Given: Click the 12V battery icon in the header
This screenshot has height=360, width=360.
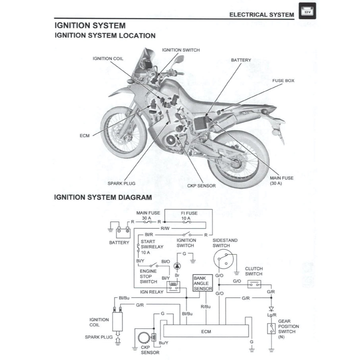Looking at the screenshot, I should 307,11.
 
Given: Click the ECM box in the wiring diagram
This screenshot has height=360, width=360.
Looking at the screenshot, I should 206,331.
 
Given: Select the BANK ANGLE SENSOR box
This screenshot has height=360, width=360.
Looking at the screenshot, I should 202,284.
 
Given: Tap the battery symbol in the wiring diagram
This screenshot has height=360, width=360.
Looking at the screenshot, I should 123,231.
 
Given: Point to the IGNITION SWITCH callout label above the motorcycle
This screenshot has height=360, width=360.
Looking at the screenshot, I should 181,50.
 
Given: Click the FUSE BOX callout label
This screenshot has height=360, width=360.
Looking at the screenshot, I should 283,81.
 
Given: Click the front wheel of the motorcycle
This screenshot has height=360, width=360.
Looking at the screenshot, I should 122,127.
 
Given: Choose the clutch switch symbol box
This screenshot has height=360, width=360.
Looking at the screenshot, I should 254,284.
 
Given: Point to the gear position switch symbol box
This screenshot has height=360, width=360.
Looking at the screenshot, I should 271,328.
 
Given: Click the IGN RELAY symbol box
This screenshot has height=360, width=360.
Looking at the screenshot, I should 173,287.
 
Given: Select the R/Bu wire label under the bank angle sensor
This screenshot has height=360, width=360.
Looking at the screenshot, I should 206,307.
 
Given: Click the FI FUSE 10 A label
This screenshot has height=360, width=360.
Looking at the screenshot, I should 189,216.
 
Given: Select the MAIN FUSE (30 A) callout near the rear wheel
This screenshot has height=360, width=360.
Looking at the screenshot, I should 281,181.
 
